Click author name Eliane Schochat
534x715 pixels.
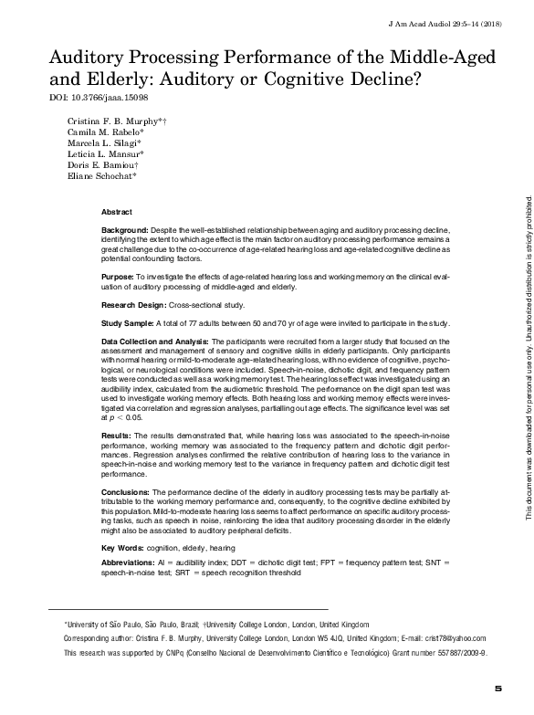[x=99, y=176]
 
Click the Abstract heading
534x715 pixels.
[x=116, y=211]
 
